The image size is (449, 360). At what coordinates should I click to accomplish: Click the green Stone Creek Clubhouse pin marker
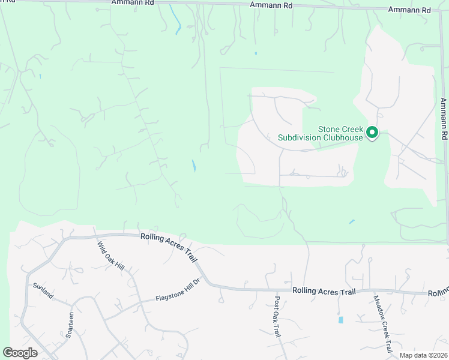(x=372, y=132)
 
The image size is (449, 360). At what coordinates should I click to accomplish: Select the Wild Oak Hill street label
(x=111, y=255)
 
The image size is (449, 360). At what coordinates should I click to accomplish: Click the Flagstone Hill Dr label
(x=177, y=290)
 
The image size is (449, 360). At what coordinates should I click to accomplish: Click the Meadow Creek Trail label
(x=382, y=323)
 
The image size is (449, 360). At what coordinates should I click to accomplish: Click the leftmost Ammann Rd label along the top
(x=133, y=2)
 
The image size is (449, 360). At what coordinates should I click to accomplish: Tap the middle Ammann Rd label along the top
(x=271, y=5)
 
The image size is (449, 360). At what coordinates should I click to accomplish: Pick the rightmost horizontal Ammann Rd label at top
(x=410, y=10)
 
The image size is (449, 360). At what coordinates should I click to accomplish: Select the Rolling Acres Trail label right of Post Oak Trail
(x=324, y=290)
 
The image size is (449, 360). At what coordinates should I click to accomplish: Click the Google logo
(x=20, y=353)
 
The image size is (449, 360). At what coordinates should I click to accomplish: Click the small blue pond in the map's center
(x=193, y=166)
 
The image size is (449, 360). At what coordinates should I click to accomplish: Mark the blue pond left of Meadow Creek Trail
(x=341, y=320)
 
